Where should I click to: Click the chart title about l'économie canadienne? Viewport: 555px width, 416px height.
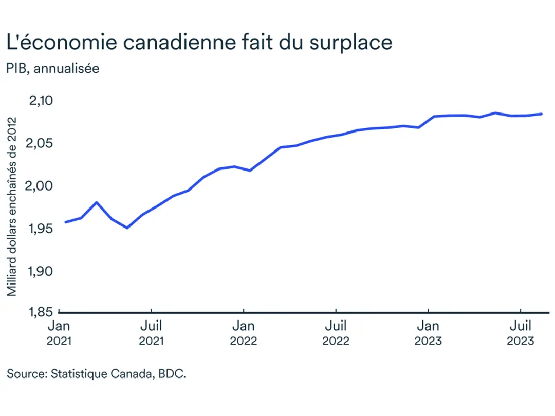(199, 42)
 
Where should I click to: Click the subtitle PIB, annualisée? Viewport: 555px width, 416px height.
(53, 69)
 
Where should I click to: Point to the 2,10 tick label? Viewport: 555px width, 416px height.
(41, 100)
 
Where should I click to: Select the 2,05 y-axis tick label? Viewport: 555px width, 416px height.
(41, 143)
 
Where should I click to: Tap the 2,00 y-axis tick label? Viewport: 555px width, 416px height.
(41, 185)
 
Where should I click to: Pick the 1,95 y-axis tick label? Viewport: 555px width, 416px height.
(41, 228)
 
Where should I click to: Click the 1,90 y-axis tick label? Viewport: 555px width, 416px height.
(41, 271)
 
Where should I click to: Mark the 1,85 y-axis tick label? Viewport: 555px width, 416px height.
(41, 312)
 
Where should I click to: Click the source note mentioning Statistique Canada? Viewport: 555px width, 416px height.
(96, 374)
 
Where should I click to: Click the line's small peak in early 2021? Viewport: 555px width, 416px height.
(97, 202)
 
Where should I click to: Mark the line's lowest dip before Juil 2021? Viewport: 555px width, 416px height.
(127, 228)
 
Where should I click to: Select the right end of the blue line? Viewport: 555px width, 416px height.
(542, 114)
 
